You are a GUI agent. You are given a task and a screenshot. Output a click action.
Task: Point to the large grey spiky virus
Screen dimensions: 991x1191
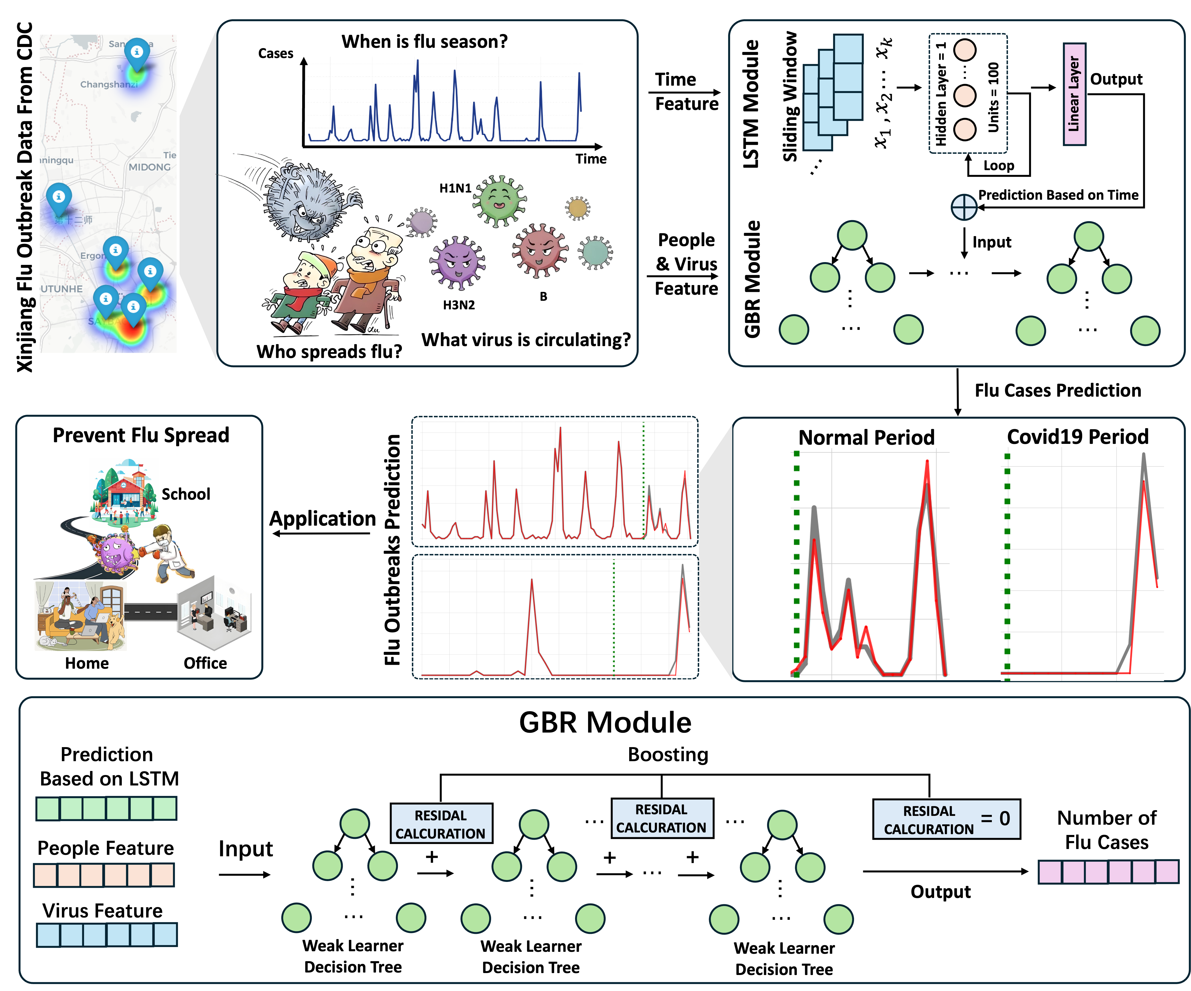coord(306,199)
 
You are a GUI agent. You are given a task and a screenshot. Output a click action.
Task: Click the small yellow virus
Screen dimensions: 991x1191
coord(577,208)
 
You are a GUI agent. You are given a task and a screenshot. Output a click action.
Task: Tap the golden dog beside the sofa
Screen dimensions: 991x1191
coord(115,630)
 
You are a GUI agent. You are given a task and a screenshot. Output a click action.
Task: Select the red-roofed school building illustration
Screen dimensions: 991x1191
coord(124,492)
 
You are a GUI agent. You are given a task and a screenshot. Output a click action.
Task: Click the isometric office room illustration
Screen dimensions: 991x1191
coord(214,613)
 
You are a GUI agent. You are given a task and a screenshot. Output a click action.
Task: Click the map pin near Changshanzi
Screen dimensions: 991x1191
coord(137,54)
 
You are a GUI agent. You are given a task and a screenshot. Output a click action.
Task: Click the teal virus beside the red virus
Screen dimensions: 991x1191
coord(595,252)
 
